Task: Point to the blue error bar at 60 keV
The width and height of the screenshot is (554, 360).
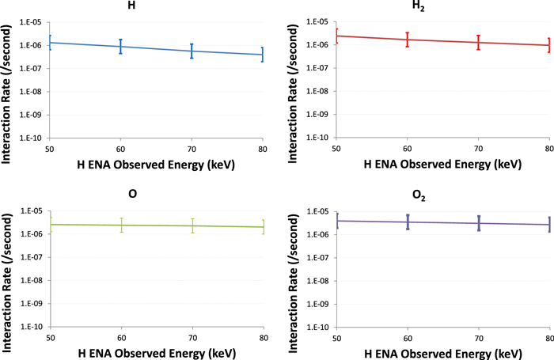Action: [121, 47]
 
